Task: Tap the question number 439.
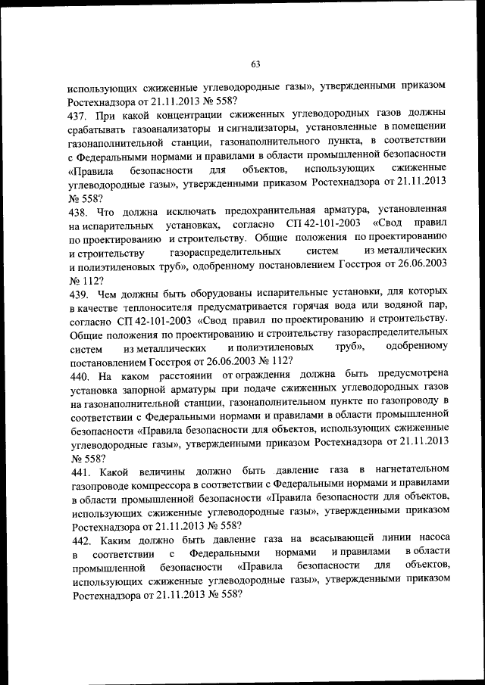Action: (x=83, y=291)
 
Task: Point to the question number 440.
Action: (x=83, y=375)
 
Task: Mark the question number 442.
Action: (x=83, y=539)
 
